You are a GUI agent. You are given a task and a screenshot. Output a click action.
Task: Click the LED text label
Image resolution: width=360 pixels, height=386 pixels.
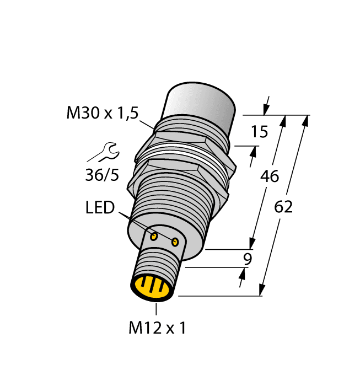click(100, 208)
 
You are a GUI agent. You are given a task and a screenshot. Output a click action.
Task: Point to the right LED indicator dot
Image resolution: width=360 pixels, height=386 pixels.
click(175, 242)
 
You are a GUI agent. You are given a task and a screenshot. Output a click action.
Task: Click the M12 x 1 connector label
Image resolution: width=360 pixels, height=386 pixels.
click(157, 328)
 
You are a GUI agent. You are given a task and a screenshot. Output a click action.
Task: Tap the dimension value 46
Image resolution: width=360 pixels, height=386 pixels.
click(268, 177)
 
